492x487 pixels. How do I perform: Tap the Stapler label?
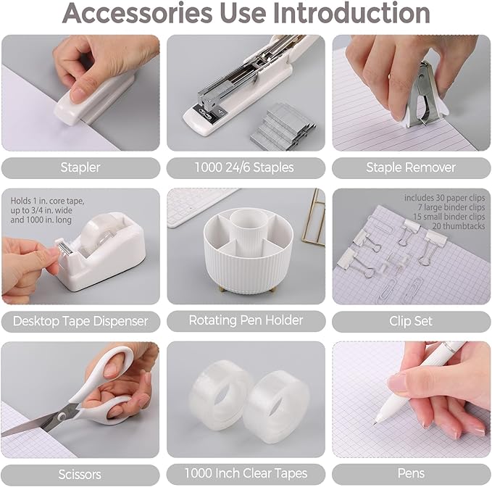click(x=80, y=167)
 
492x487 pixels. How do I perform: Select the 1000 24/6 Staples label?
click(x=244, y=167)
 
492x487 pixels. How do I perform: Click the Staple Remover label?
click(x=411, y=167)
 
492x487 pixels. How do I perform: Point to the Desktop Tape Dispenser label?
click(x=80, y=320)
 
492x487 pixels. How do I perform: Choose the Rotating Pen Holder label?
click(x=246, y=320)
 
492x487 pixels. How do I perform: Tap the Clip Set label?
click(x=412, y=320)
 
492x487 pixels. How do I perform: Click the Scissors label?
click(x=80, y=475)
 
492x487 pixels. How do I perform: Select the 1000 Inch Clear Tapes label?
click(x=246, y=475)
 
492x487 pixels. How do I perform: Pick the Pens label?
click(x=412, y=475)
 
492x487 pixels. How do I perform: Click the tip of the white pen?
click(x=377, y=422)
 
